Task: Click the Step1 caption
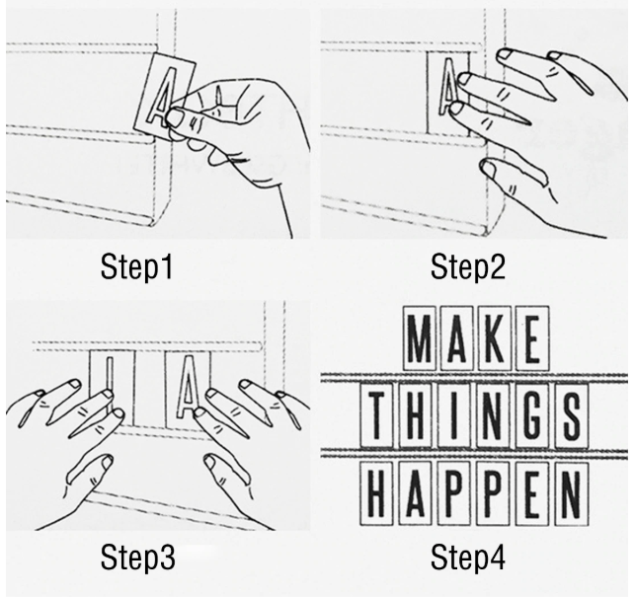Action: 137,266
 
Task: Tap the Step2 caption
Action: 468,266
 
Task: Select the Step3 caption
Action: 137,558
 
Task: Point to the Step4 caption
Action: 468,558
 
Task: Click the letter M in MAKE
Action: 420,338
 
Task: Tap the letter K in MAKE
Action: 494,338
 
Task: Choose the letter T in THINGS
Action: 377,415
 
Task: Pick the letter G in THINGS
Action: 532,415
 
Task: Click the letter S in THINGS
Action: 572,415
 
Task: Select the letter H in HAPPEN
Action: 376,493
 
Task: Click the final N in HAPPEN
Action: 572,493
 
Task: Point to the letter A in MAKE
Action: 457,338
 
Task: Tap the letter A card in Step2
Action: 448,93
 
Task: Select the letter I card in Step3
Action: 111,388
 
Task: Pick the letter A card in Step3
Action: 188,390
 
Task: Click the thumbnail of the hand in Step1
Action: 176,117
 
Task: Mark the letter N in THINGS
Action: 494,415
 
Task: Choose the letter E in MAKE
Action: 532,338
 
